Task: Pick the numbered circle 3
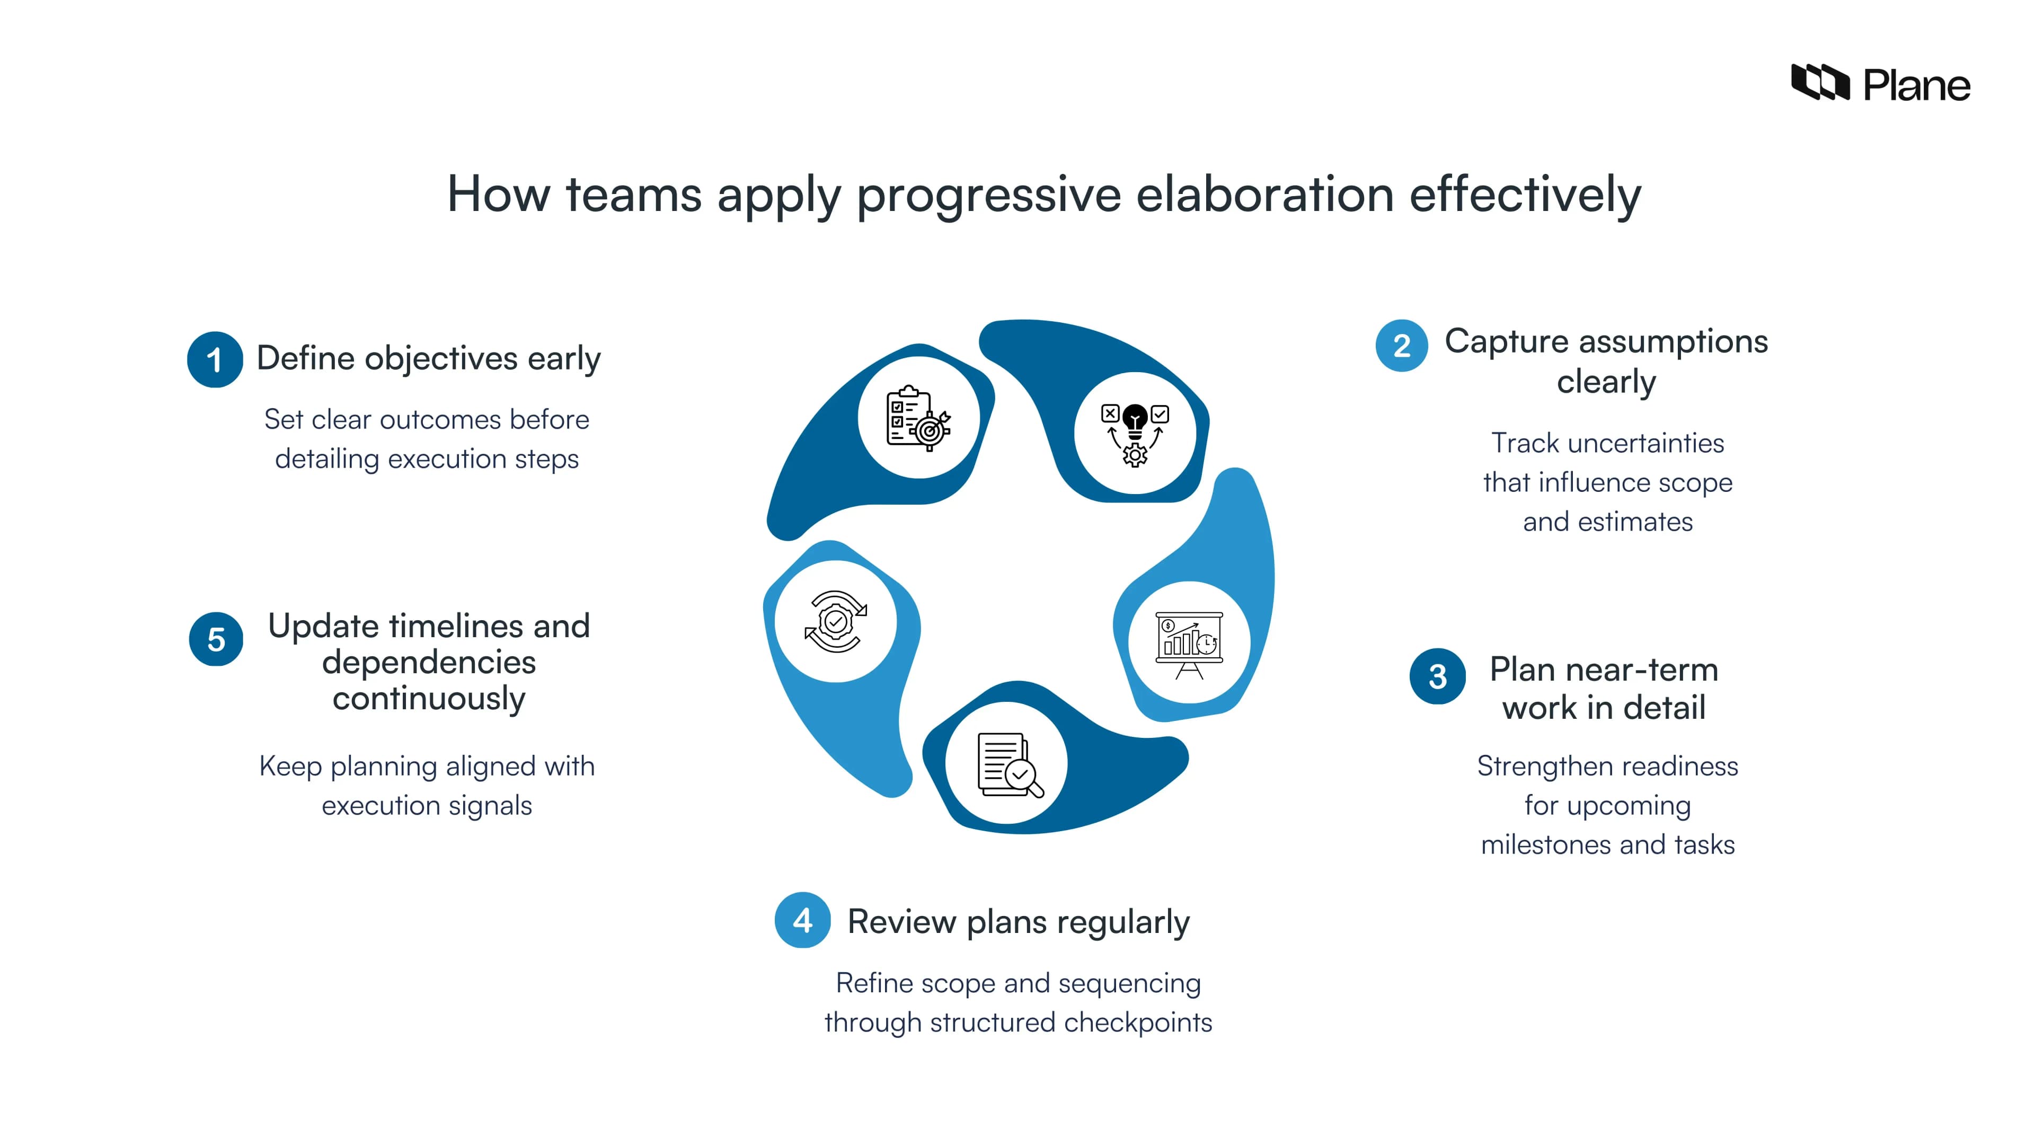[x=1437, y=676]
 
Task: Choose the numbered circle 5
[x=216, y=639]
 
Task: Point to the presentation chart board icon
[x=1189, y=643]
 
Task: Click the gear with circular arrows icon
[x=836, y=621]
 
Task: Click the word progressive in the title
[x=988, y=195]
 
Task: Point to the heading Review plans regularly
[x=1018, y=921]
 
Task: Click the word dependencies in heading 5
[x=429, y=662]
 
